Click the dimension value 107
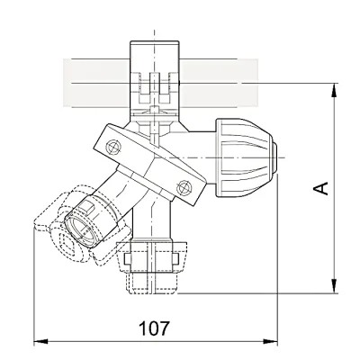154,328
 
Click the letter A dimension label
320,188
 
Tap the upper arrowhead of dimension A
334,90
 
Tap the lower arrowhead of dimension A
334,286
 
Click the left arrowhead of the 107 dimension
40,341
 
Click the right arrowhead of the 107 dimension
270,341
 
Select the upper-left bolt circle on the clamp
113,148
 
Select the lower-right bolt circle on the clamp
184,188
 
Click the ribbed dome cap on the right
244,157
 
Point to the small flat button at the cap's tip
274,157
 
